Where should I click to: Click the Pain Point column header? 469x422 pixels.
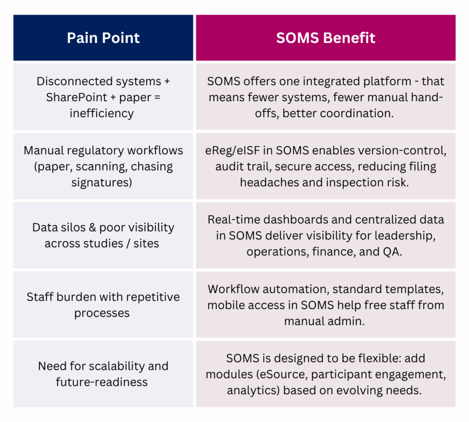coord(103,38)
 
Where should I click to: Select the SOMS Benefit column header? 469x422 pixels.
coord(326,38)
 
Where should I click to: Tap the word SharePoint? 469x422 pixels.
coord(76,97)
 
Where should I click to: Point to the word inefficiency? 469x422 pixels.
coord(102,114)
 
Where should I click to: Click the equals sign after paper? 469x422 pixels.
coord(158,97)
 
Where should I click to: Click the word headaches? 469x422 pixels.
coord(269,183)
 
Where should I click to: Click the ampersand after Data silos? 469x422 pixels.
coord(93,228)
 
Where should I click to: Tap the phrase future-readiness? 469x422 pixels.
coord(102,382)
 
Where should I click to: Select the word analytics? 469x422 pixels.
coord(251,390)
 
